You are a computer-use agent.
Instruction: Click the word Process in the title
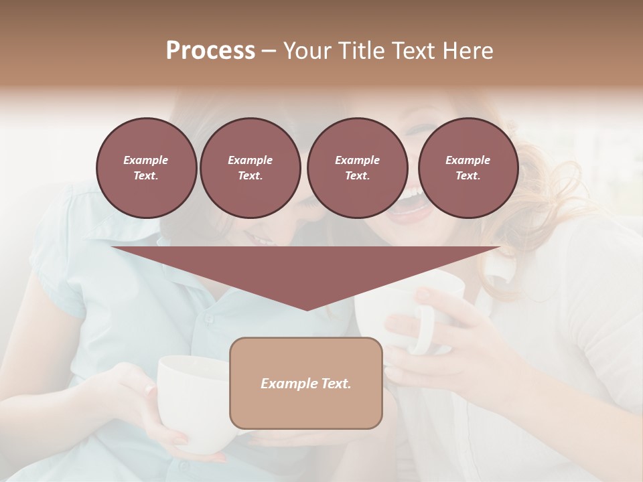pos(210,51)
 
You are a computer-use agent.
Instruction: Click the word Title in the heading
pos(359,51)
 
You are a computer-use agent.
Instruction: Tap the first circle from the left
pos(146,168)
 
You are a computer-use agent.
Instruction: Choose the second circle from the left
pos(250,168)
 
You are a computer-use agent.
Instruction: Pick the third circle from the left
pos(357,168)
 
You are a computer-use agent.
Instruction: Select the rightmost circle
pos(468,168)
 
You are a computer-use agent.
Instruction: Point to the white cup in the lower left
pos(188,395)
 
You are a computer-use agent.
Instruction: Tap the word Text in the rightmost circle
pos(468,176)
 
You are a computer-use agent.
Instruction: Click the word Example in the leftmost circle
pos(146,160)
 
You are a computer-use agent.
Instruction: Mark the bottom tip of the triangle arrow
pos(307,309)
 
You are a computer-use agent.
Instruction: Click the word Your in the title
pos(307,51)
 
